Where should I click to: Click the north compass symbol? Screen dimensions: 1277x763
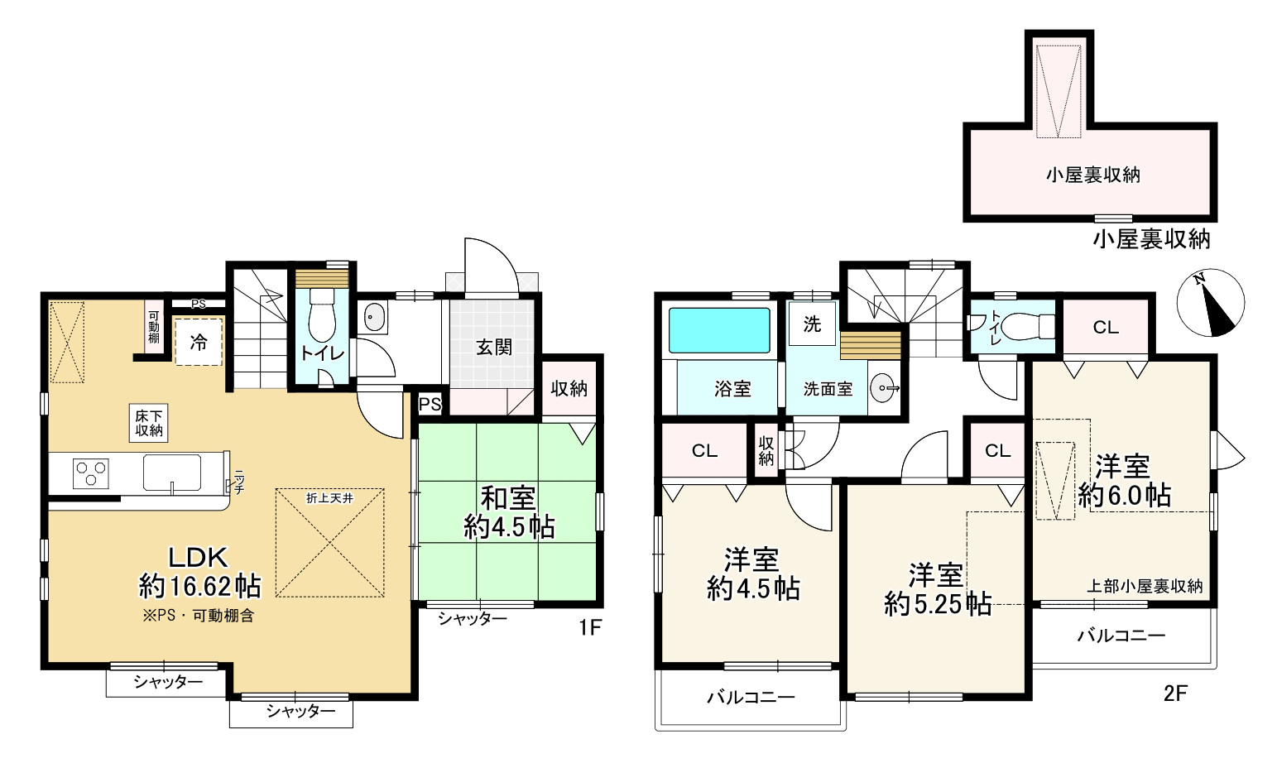1211,302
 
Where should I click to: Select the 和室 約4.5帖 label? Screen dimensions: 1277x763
508,512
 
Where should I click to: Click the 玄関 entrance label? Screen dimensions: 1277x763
494,347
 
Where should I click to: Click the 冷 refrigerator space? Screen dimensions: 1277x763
199,342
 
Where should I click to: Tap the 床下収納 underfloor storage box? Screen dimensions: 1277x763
149,423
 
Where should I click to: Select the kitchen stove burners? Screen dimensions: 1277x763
91,474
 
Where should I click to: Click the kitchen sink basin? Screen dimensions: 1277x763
171,473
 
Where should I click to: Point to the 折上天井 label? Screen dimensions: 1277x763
329,498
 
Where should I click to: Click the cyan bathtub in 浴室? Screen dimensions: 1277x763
719,330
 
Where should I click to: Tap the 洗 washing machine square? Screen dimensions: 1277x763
812,324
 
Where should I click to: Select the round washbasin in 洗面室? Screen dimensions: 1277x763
883,388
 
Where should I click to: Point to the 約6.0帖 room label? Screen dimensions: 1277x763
1124,496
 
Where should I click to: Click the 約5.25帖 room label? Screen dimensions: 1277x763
937,604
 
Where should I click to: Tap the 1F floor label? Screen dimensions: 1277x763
590,628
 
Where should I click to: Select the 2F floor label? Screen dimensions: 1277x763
1175,693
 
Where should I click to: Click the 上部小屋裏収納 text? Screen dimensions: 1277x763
1145,586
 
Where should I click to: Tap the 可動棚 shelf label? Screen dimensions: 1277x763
154,327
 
